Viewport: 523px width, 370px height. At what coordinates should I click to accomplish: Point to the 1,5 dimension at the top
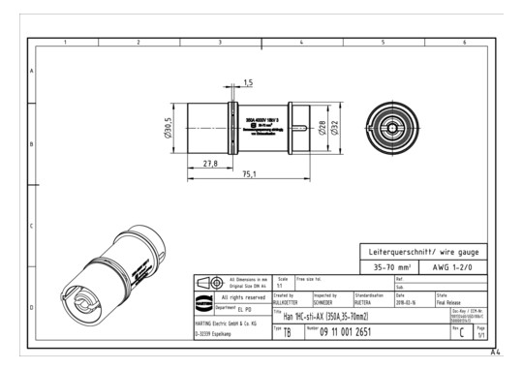click(248, 82)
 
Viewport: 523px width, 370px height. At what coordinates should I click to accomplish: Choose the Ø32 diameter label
click(334, 127)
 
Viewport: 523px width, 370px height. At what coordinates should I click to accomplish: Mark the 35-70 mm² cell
click(394, 264)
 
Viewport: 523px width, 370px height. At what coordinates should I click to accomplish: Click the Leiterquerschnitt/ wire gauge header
click(423, 250)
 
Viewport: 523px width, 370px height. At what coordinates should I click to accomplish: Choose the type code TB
click(287, 332)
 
